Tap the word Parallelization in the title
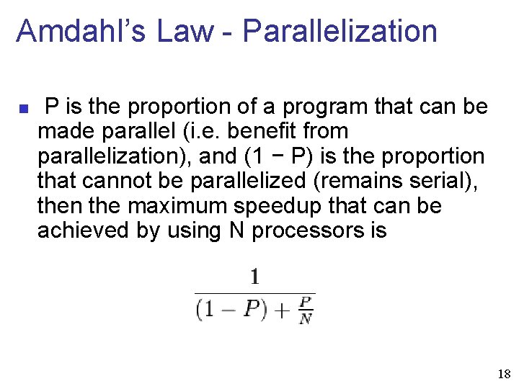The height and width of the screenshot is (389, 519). tap(340, 32)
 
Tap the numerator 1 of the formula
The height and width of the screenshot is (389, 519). tap(254, 277)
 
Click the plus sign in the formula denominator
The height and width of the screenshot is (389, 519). tap(280, 310)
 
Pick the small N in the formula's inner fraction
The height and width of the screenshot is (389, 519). tap(306, 318)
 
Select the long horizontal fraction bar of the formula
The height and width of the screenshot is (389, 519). tap(254, 293)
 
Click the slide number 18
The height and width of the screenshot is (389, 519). tap(504, 375)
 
